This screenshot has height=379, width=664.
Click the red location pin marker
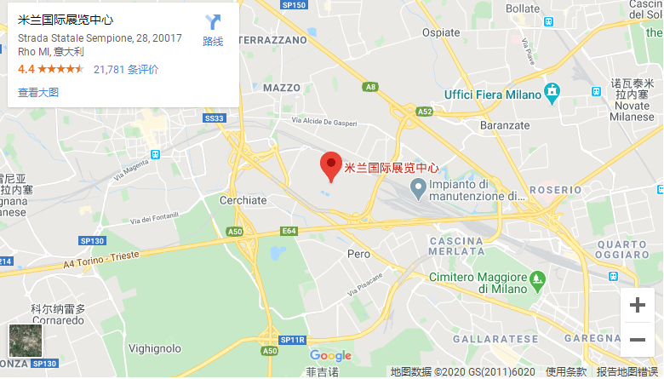pyautogui.click(x=330, y=164)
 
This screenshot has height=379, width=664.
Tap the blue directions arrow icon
pyautogui.click(x=213, y=22)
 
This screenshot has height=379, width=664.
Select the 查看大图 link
pyautogui.click(x=38, y=92)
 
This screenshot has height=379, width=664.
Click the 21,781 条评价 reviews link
pyautogui.click(x=126, y=69)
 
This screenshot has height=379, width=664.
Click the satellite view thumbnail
pyautogui.click(x=25, y=341)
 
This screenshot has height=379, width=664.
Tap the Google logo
pyautogui.click(x=330, y=356)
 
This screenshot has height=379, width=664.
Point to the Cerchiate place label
pyautogui.click(x=243, y=200)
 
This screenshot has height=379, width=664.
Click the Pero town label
pyautogui.click(x=359, y=254)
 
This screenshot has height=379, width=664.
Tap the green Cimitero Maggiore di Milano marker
pyautogui.click(x=537, y=279)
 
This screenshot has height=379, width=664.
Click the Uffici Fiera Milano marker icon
pyautogui.click(x=552, y=90)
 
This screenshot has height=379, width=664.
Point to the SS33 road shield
pyautogui.click(x=215, y=118)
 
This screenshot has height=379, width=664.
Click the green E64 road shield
pyautogui.click(x=289, y=230)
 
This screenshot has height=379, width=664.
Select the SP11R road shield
pyautogui.click(x=291, y=340)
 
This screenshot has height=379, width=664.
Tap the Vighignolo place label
pyautogui.click(x=154, y=348)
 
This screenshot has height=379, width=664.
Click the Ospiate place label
pyautogui.click(x=441, y=32)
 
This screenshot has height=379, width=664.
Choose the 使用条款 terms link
pyautogui.click(x=565, y=371)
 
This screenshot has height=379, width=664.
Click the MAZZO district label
pyautogui.click(x=282, y=88)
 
